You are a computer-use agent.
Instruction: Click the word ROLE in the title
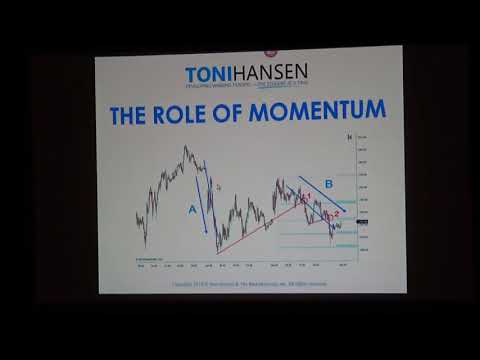point(195,112)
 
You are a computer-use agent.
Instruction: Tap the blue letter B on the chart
point(327,184)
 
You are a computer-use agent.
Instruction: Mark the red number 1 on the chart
point(308,195)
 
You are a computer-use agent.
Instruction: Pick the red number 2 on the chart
point(336,213)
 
